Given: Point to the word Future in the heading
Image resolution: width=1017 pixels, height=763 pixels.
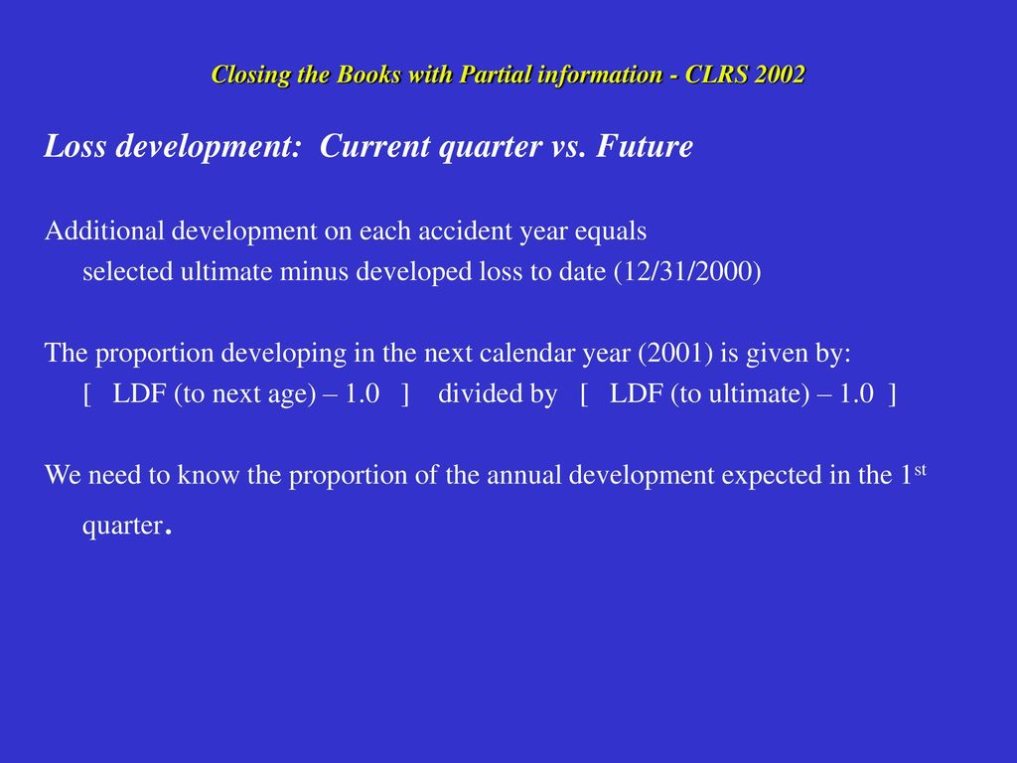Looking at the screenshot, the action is click(645, 145).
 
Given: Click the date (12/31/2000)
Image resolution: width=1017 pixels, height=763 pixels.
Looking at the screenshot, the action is click(687, 271).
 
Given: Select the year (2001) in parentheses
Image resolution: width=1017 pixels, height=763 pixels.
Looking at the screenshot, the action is click(675, 353).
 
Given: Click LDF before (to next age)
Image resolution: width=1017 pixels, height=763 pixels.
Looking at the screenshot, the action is click(139, 393).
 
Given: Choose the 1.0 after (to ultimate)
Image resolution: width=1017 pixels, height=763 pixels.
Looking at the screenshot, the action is click(856, 393).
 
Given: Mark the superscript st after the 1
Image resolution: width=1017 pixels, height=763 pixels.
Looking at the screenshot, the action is click(920, 469).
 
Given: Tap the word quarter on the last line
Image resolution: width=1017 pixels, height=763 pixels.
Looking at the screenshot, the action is click(122, 526).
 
